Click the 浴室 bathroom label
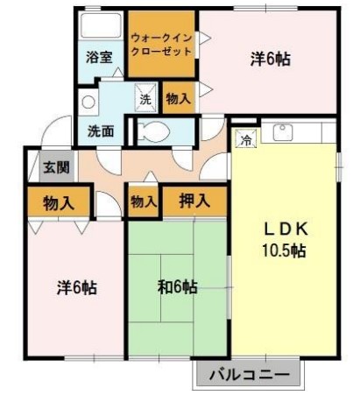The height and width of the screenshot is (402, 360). (99, 58)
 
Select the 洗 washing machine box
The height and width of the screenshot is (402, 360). (145, 99)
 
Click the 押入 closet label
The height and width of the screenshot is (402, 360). (194, 201)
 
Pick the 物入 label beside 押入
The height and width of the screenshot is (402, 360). (144, 201)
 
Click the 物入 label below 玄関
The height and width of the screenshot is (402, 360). (57, 202)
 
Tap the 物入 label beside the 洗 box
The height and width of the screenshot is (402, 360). (179, 99)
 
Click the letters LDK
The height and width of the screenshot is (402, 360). (286, 229)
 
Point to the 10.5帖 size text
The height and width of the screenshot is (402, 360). (286, 251)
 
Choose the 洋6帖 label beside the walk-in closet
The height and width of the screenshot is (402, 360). (271, 60)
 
